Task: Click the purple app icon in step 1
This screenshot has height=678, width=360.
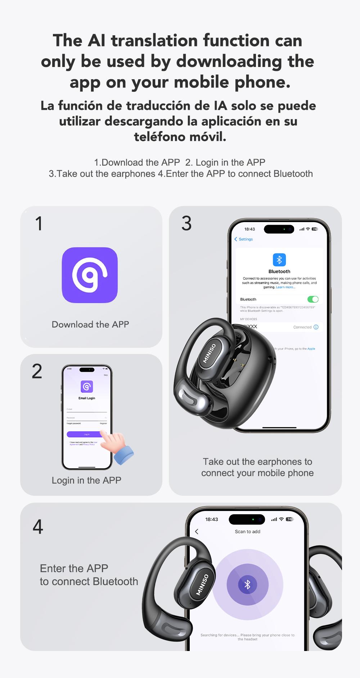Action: coord(90,275)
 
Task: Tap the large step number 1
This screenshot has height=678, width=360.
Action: coord(39,224)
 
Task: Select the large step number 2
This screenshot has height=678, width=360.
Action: coord(37,371)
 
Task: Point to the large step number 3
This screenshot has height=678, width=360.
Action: coord(186,223)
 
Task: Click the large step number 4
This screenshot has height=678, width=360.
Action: coord(38,527)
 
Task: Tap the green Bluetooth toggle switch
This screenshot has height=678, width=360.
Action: coord(313,299)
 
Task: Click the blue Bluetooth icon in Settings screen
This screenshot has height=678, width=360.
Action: coord(279,260)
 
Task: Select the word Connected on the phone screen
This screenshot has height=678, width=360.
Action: coord(302,327)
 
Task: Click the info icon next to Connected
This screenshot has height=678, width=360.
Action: coord(316,327)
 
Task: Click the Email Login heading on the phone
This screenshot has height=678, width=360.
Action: coord(87,398)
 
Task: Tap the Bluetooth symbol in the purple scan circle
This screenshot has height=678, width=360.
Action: coord(247,584)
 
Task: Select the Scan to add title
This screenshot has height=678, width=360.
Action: coord(247,531)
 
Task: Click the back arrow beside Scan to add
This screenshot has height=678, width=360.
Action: coord(197,531)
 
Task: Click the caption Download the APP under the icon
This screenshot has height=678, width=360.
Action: coord(90,324)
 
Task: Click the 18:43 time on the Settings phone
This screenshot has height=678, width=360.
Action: coord(249,229)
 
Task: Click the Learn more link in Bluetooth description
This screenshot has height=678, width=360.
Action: coord(285,287)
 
